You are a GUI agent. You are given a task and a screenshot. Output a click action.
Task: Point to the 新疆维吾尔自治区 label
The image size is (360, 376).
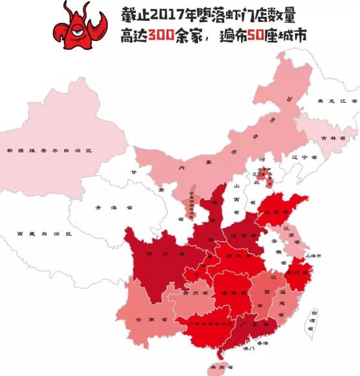49,150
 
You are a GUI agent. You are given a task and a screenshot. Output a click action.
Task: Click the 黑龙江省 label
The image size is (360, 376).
337,102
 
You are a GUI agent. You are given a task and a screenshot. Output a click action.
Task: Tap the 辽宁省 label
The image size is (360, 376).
303,157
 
